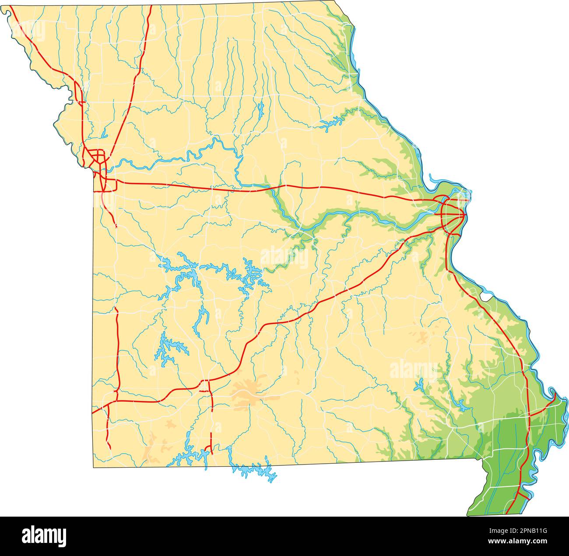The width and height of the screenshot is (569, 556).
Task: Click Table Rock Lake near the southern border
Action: point(193,457)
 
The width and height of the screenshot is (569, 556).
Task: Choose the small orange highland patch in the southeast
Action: point(422,337)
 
